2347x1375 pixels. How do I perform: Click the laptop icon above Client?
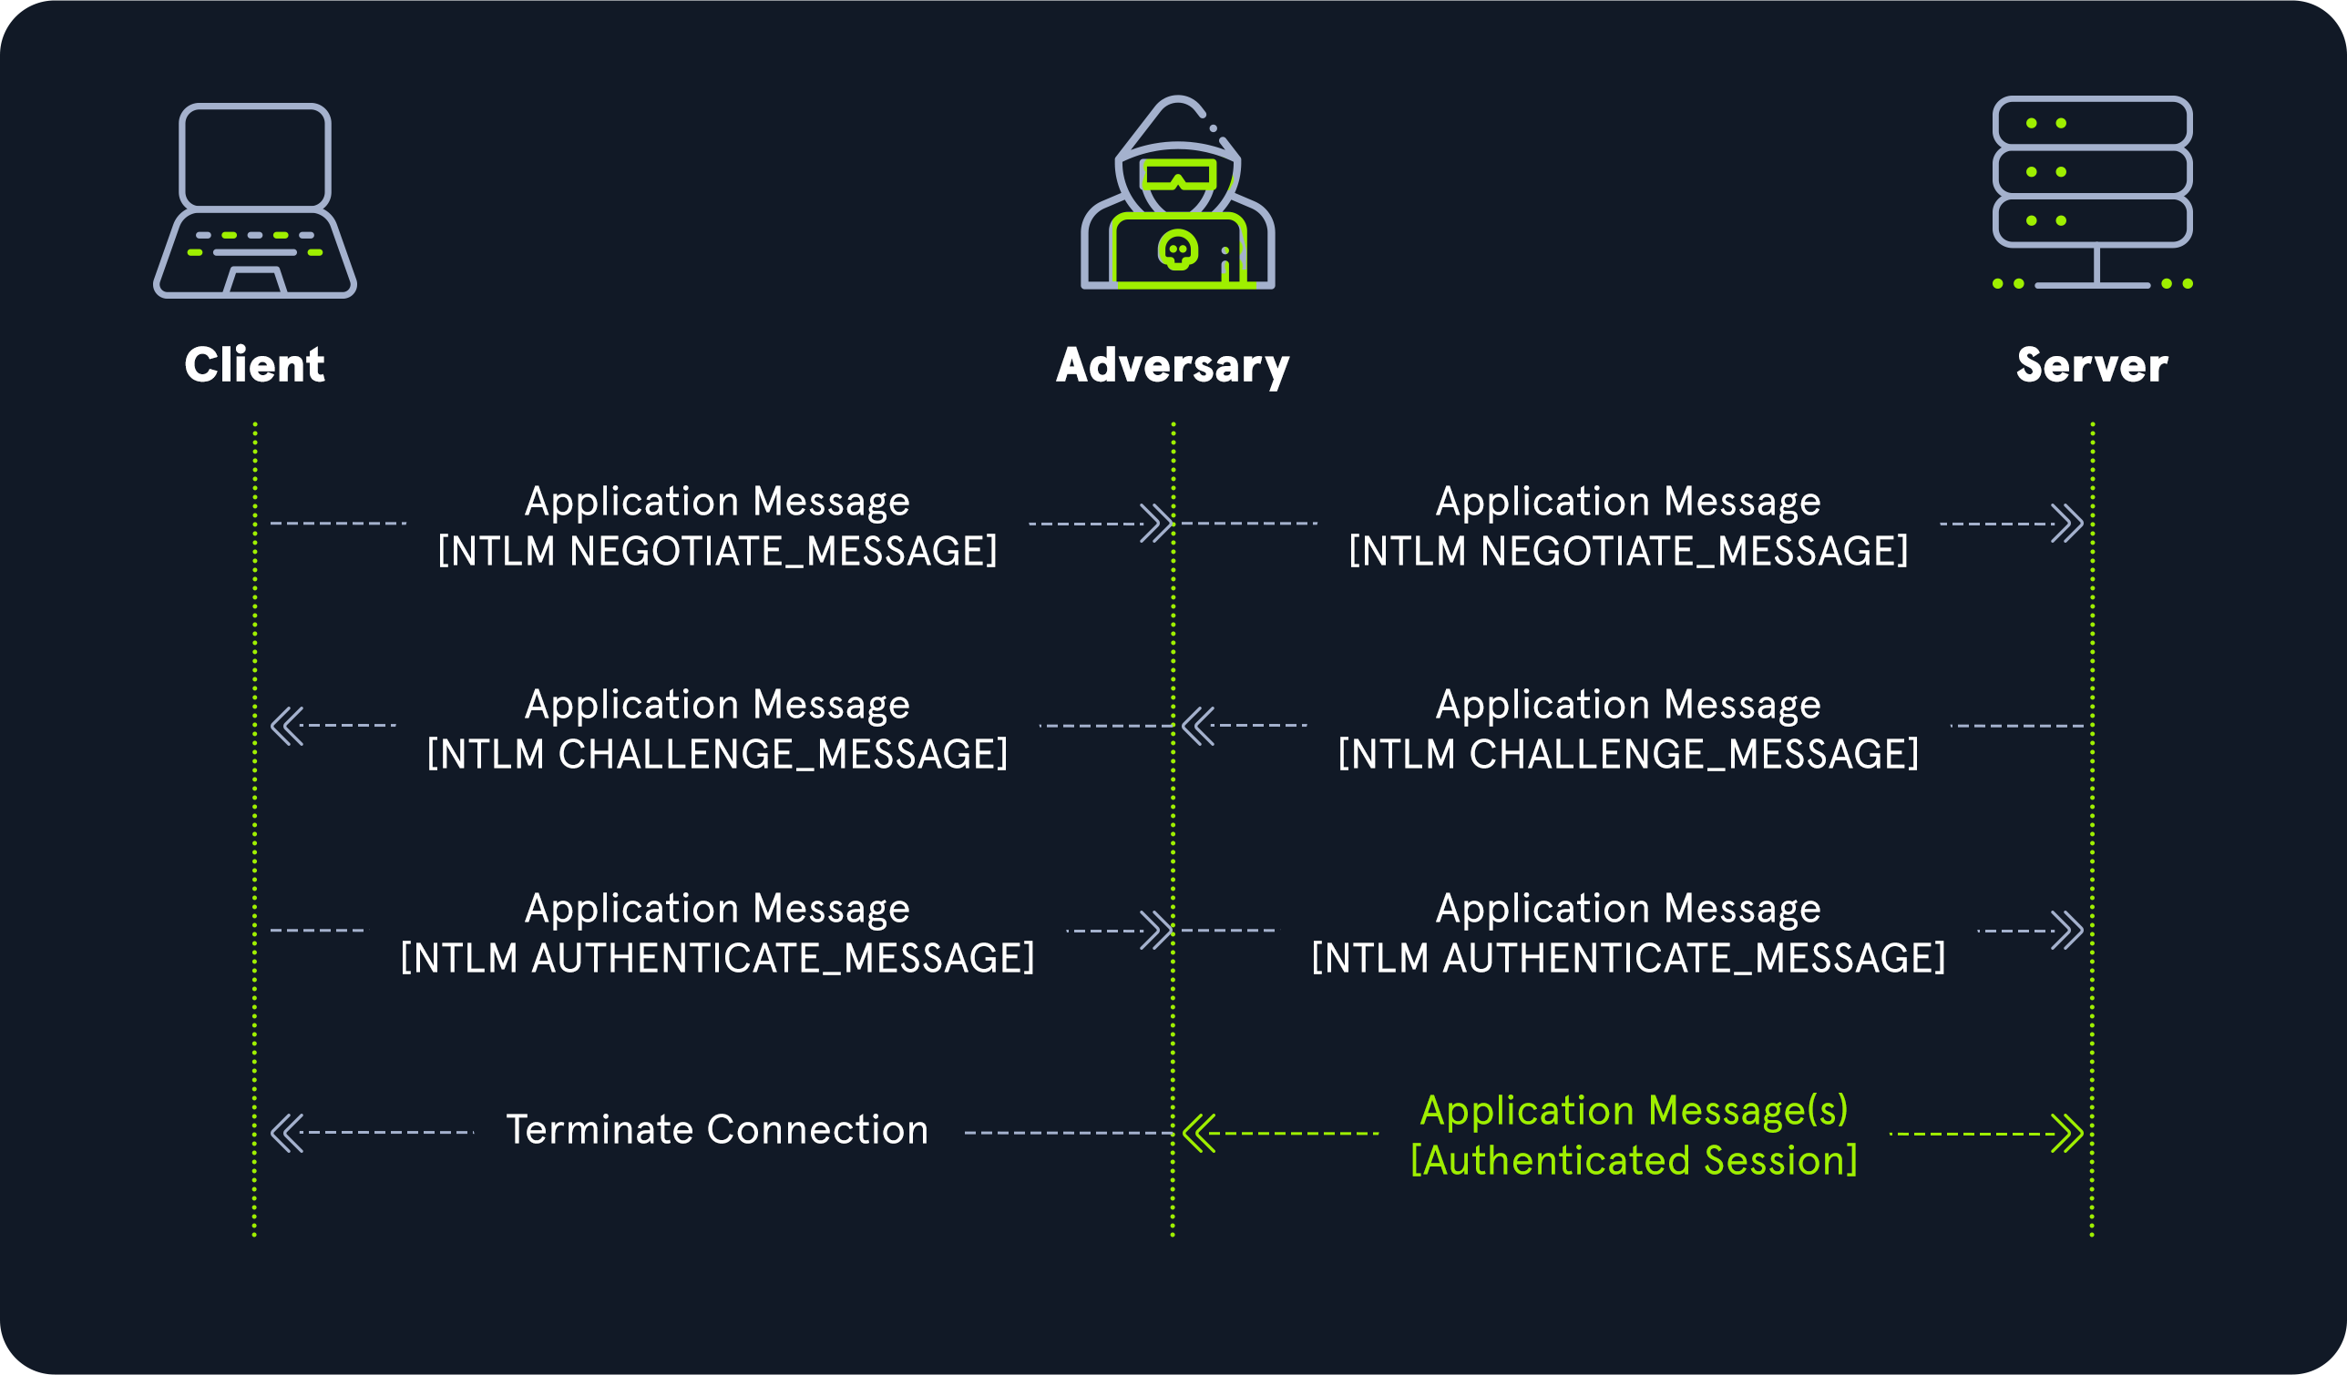click(x=255, y=200)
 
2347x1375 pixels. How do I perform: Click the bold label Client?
click(x=254, y=365)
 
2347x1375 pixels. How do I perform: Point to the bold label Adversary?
click(x=1173, y=366)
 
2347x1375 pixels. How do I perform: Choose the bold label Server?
click(x=2092, y=366)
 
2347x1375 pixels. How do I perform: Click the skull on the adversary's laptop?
click(x=1178, y=250)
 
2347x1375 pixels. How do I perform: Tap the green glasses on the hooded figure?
click(x=1178, y=174)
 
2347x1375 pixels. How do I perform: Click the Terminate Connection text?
click(x=717, y=1130)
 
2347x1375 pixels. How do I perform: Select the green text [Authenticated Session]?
click(x=1634, y=1161)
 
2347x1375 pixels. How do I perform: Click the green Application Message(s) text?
click(x=1634, y=1111)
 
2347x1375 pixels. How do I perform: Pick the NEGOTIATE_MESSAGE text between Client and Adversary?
click(x=717, y=551)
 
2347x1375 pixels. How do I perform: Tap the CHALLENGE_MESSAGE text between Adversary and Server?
click(x=1628, y=754)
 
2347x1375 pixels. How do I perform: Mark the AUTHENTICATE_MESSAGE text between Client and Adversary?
click(x=717, y=958)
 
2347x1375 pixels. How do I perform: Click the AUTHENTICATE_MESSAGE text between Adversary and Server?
click(x=1628, y=958)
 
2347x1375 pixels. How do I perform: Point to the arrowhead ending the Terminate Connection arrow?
click(x=286, y=1133)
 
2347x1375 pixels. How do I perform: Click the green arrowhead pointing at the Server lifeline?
click(x=2067, y=1134)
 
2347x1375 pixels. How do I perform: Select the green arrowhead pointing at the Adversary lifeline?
click(x=1199, y=1134)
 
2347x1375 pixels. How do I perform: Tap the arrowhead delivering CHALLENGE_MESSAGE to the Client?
click(x=286, y=726)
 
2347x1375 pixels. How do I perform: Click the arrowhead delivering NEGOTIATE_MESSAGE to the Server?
click(x=2067, y=524)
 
